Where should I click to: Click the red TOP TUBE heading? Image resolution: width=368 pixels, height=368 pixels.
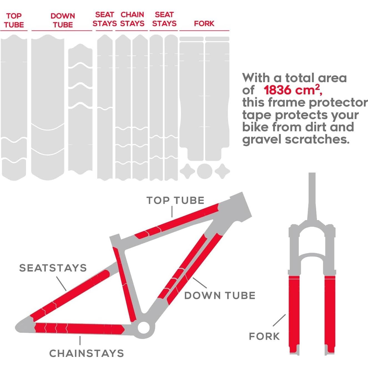[x=14, y=20]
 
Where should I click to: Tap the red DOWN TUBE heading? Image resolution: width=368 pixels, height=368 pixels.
[x=63, y=20]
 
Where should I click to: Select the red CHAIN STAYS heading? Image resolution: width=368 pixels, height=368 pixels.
[x=132, y=19]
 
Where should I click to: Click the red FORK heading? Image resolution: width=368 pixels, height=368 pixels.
[x=204, y=23]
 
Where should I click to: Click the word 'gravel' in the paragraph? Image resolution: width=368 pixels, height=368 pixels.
[x=262, y=139]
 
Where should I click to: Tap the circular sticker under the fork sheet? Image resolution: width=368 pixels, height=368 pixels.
[x=204, y=171]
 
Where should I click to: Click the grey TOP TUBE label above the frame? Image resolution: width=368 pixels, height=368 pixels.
[x=175, y=200]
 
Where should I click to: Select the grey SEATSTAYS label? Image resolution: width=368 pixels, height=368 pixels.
[x=53, y=268]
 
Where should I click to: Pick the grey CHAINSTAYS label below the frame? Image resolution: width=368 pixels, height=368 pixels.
[x=87, y=353]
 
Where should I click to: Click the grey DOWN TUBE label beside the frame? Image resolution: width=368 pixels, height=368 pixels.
[x=220, y=296]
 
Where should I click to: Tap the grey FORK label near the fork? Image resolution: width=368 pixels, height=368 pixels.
[x=264, y=336]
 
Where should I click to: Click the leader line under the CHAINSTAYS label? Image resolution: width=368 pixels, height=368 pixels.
[x=80, y=341]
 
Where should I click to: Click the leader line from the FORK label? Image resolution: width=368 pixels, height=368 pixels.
[x=279, y=320]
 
